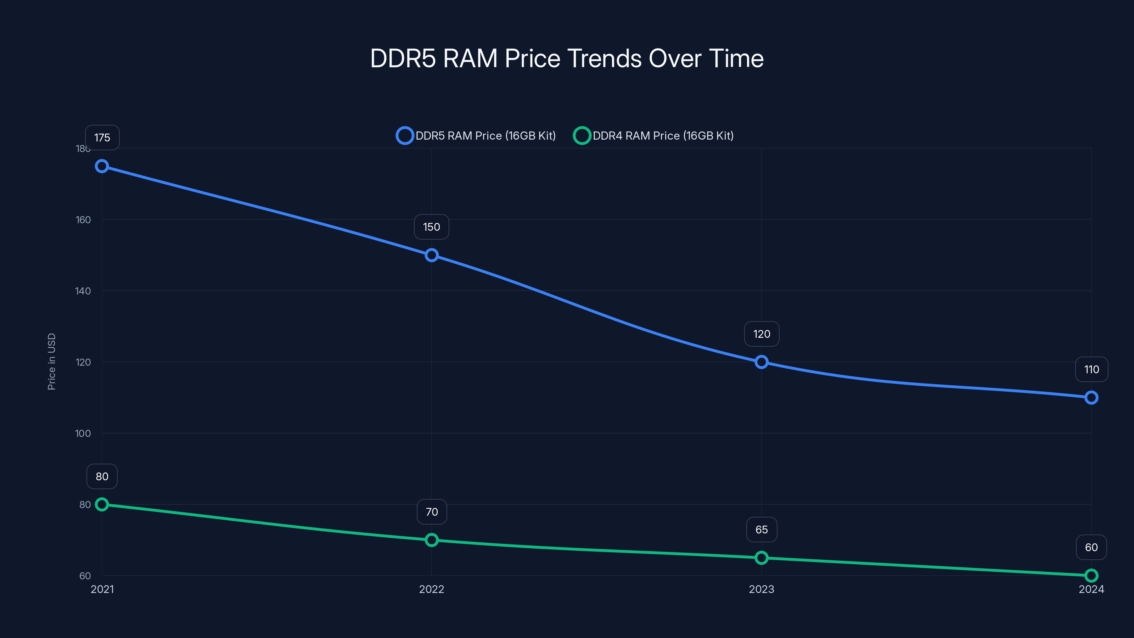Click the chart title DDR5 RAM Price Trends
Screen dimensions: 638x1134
tap(567, 58)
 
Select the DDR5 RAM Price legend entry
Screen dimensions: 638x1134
tap(476, 136)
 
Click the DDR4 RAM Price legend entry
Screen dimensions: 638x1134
tap(654, 136)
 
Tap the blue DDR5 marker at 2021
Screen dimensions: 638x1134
tap(102, 166)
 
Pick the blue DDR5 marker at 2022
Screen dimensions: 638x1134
tap(431, 255)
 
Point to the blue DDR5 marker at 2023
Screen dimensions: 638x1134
tap(761, 362)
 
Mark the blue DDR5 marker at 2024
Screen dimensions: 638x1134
tap(1091, 398)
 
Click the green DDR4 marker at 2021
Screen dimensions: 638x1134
tap(102, 504)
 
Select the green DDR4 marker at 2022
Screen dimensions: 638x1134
tap(431, 540)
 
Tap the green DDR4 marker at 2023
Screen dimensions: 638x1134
tap(761, 558)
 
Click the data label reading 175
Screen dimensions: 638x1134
tap(102, 138)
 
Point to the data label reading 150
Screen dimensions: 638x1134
tap(431, 227)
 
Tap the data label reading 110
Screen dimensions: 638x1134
tap(1091, 369)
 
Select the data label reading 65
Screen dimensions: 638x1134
tap(762, 530)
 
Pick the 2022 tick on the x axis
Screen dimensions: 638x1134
tap(431, 589)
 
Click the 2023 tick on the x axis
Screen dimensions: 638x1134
tap(761, 589)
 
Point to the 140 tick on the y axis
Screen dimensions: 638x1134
tap(83, 291)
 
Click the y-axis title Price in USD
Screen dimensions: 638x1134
tap(51, 362)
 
